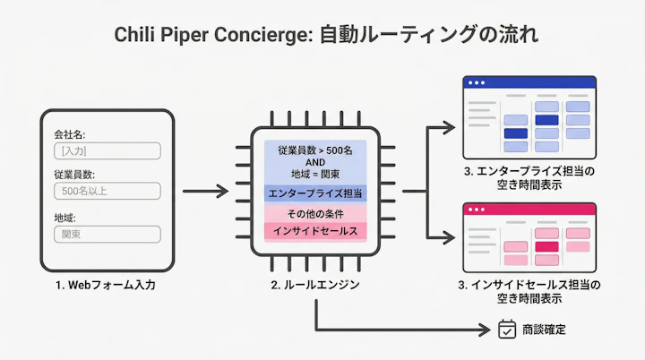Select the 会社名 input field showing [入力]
coord(107,151)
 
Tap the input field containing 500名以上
coord(107,191)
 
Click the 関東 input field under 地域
coord(107,234)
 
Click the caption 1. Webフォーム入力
coord(107,285)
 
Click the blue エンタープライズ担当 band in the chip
coord(315,193)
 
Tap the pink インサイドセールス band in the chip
coord(315,231)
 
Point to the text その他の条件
coord(315,214)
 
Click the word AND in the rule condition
coord(315,162)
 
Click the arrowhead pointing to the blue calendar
coord(450,127)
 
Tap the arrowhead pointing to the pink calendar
coord(450,238)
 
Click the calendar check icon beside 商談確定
coord(507,329)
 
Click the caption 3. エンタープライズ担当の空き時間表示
coord(529,176)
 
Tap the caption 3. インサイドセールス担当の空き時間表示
coord(529,292)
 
